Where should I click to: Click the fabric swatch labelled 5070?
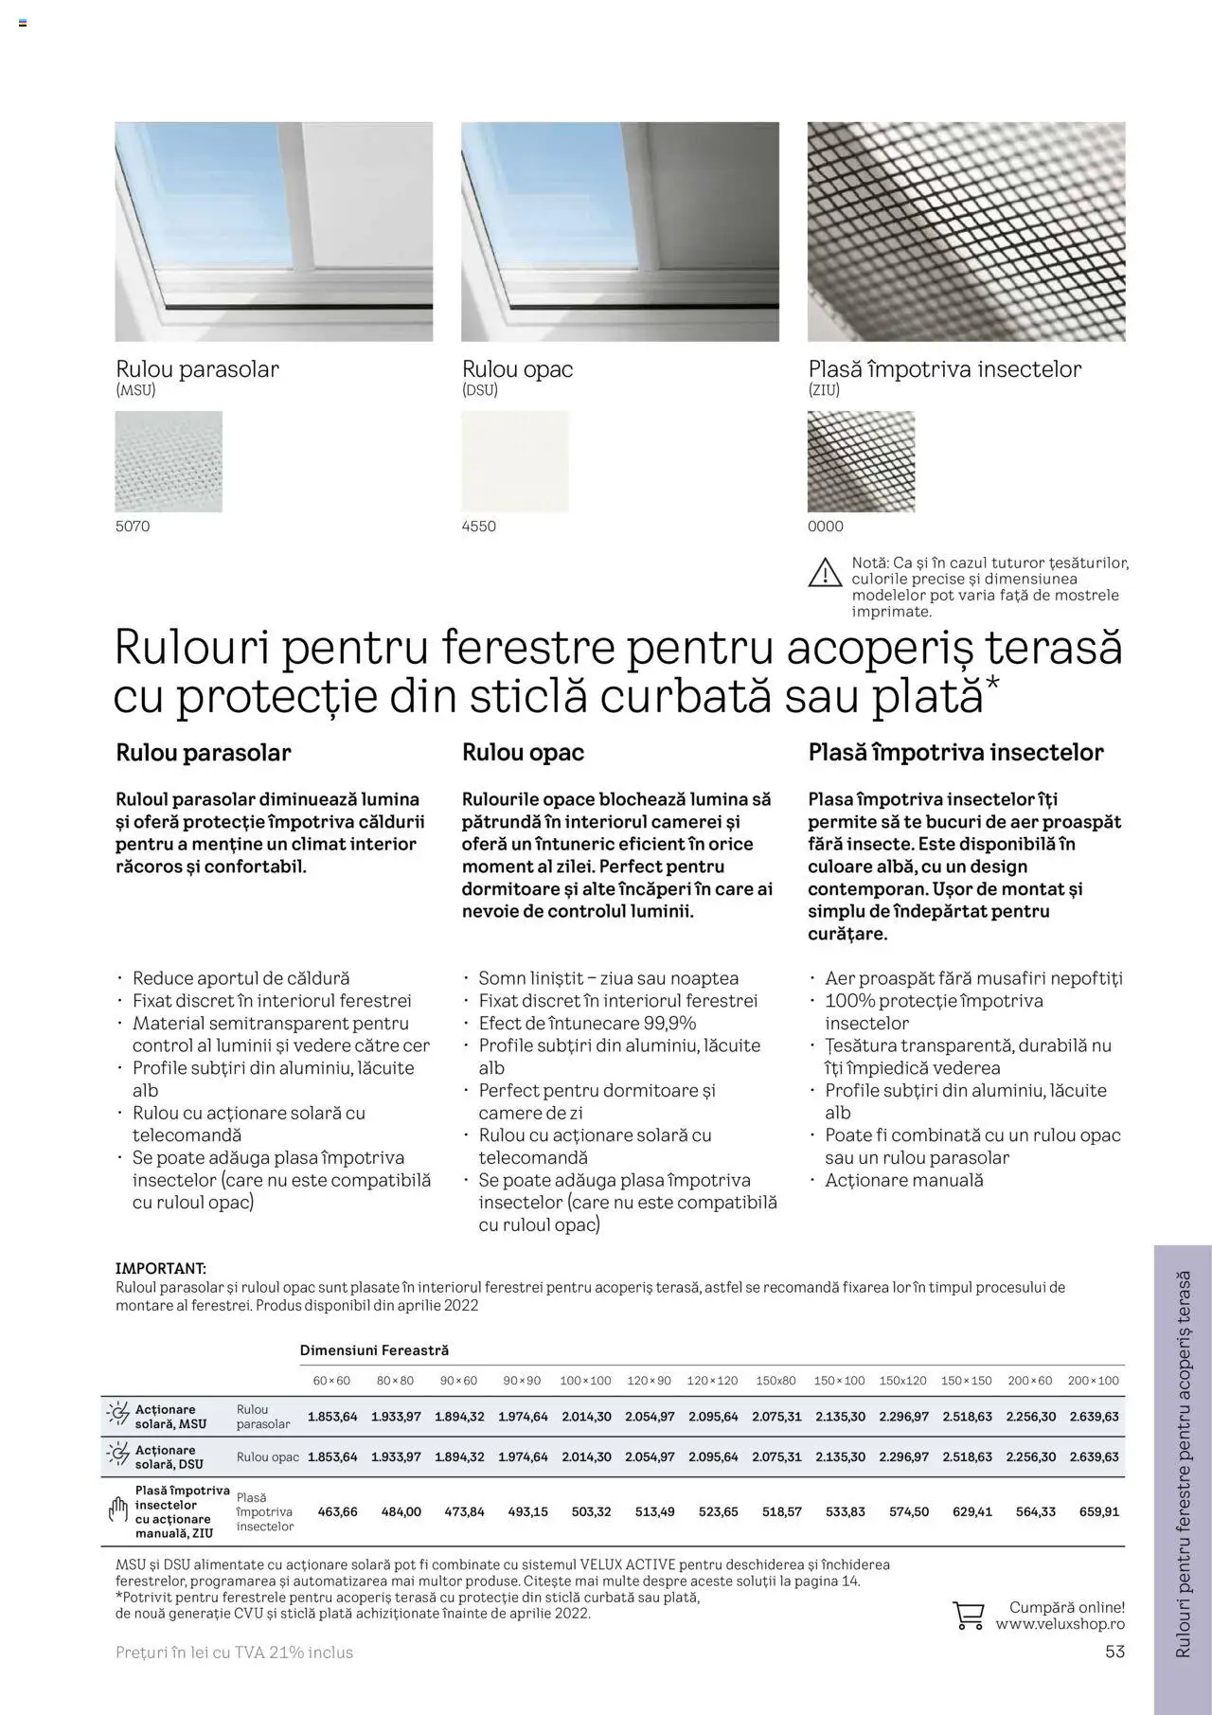pos(169,461)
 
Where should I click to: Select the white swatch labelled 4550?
pos(515,461)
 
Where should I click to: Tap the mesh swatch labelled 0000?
pos(861,461)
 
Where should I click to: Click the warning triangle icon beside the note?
pos(825,573)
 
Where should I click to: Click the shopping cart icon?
pos(968,1615)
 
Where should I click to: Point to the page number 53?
pos(1114,1652)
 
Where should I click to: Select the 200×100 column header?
pos(1093,1381)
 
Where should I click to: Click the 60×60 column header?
pos(331,1381)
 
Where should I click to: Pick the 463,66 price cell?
pos(337,1511)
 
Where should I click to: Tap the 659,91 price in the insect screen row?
pos(1098,1511)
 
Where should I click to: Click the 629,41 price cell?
pos(971,1511)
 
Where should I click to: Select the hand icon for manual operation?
pos(118,1510)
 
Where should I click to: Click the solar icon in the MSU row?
pos(118,1415)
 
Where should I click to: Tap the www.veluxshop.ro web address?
pos(1060,1624)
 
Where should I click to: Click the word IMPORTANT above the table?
pos(160,1268)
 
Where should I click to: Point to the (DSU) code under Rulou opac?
pos(479,390)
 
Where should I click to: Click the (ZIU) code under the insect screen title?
pos(824,390)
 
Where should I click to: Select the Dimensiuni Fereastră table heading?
pos(374,1350)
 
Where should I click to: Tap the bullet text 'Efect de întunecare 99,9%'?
pos(587,1023)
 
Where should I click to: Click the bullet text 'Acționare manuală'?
pos(904,1180)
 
